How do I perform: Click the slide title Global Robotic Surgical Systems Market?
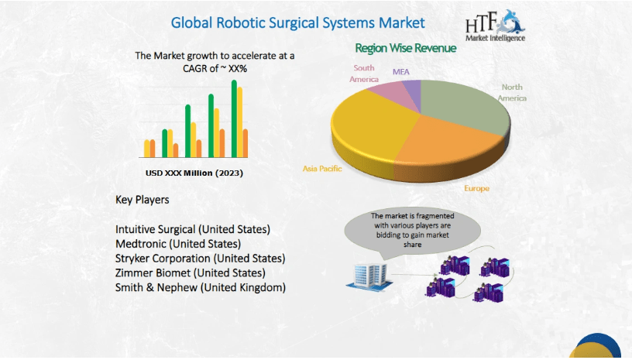[298, 23]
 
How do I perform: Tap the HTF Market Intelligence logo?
[496, 26]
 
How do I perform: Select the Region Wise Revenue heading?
[406, 48]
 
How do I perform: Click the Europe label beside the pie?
[476, 188]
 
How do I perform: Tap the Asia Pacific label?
[322, 169]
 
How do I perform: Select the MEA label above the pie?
[400, 72]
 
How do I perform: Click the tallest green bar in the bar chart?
[234, 118]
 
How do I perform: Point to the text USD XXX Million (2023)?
[194, 173]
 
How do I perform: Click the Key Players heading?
[143, 200]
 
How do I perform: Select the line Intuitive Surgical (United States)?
[193, 229]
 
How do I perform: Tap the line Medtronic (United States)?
[178, 244]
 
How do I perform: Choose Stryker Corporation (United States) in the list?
[201, 259]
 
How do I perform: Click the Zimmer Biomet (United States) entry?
[191, 273]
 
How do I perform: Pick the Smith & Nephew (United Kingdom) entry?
[201, 287]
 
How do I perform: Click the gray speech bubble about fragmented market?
[412, 231]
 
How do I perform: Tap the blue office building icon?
[369, 276]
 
